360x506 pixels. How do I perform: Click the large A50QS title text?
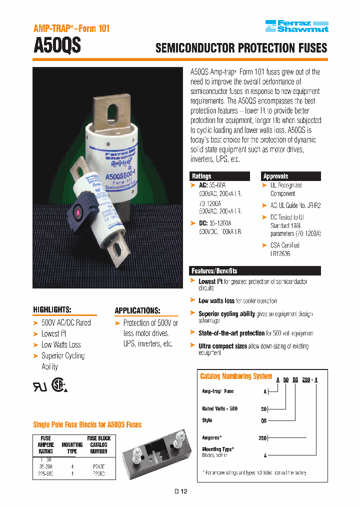[x=57, y=46]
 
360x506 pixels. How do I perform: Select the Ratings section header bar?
[x=219, y=176]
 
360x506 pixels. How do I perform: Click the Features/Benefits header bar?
[x=255, y=270]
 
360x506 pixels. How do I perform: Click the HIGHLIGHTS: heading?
[x=52, y=309]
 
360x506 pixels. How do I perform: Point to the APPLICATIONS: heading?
[x=137, y=310]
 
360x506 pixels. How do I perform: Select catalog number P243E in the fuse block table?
[x=98, y=464]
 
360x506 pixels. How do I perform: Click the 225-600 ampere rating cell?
[x=45, y=471]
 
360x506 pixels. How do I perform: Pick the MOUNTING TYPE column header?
[x=72, y=447]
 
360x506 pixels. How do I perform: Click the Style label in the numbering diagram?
[x=207, y=420]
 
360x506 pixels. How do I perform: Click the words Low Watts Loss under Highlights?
[x=61, y=344]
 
